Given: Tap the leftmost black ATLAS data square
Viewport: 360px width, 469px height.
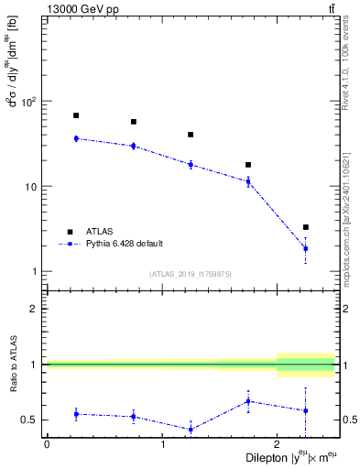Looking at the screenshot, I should click(76, 115).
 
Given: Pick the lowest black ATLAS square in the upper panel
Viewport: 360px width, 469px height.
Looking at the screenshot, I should click(306, 227).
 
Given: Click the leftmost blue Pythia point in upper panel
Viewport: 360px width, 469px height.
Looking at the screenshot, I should click(76, 138).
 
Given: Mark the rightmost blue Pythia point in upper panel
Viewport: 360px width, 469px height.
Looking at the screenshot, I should click(306, 248).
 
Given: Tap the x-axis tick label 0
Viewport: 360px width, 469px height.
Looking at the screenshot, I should click(47, 444).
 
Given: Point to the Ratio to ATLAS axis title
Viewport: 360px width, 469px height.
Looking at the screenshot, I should click(12, 365).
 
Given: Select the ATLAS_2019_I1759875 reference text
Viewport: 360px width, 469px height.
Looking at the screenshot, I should click(191, 273).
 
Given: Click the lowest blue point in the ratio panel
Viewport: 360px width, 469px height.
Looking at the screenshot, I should click(191, 429).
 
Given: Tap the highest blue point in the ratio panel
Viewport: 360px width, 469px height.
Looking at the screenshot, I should click(248, 401).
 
